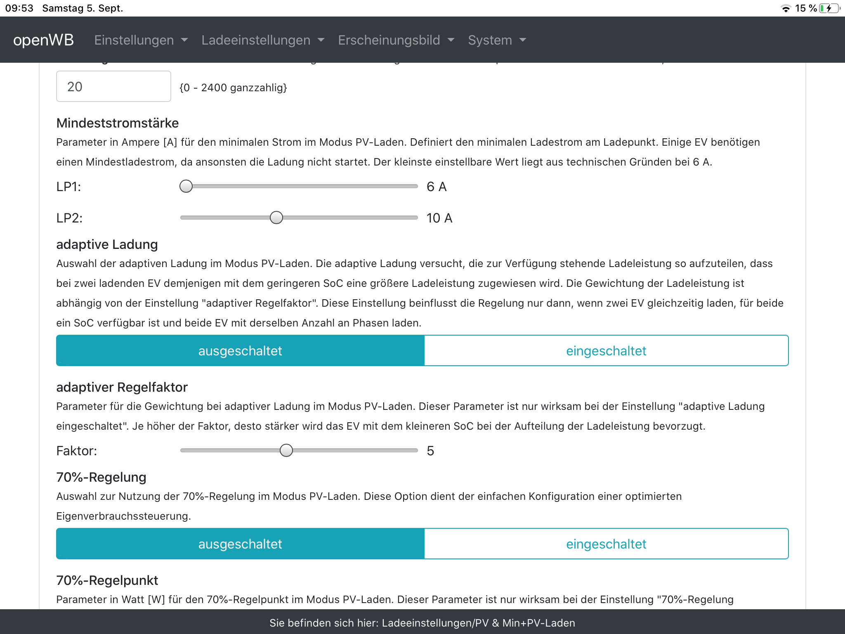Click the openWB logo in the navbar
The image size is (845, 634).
point(43,40)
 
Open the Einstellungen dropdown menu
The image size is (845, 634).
point(141,40)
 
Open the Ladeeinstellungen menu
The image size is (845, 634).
point(263,40)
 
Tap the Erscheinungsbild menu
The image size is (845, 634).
point(396,40)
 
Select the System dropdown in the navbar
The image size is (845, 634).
point(497,40)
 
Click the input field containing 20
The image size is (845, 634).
point(113,86)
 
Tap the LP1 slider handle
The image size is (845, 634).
point(186,186)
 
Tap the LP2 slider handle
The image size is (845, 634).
point(276,218)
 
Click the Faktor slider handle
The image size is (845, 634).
point(286,450)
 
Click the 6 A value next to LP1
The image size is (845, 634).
point(437,187)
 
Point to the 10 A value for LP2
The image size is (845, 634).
point(439,218)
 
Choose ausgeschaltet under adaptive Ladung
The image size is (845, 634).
point(240,350)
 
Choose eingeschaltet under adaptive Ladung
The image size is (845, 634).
point(606,350)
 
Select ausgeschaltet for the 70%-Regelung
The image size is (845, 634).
point(240,544)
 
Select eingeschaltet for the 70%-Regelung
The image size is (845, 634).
point(606,544)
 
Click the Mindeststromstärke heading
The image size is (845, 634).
point(118,123)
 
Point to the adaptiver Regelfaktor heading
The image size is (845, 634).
point(122,387)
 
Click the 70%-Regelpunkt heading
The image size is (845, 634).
point(107,580)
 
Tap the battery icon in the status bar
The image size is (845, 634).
point(829,8)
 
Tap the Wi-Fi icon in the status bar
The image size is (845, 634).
point(786,9)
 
